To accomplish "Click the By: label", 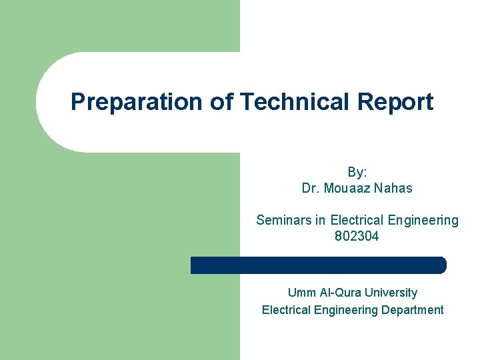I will click(357, 171).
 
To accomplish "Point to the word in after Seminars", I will click(318, 220).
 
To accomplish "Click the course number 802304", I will click(357, 236).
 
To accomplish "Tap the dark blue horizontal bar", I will click(318, 265).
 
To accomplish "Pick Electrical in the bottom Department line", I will click(286, 310).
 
